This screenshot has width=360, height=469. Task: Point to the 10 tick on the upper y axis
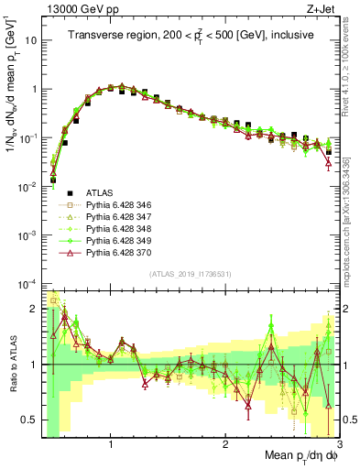(x=31, y=41)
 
